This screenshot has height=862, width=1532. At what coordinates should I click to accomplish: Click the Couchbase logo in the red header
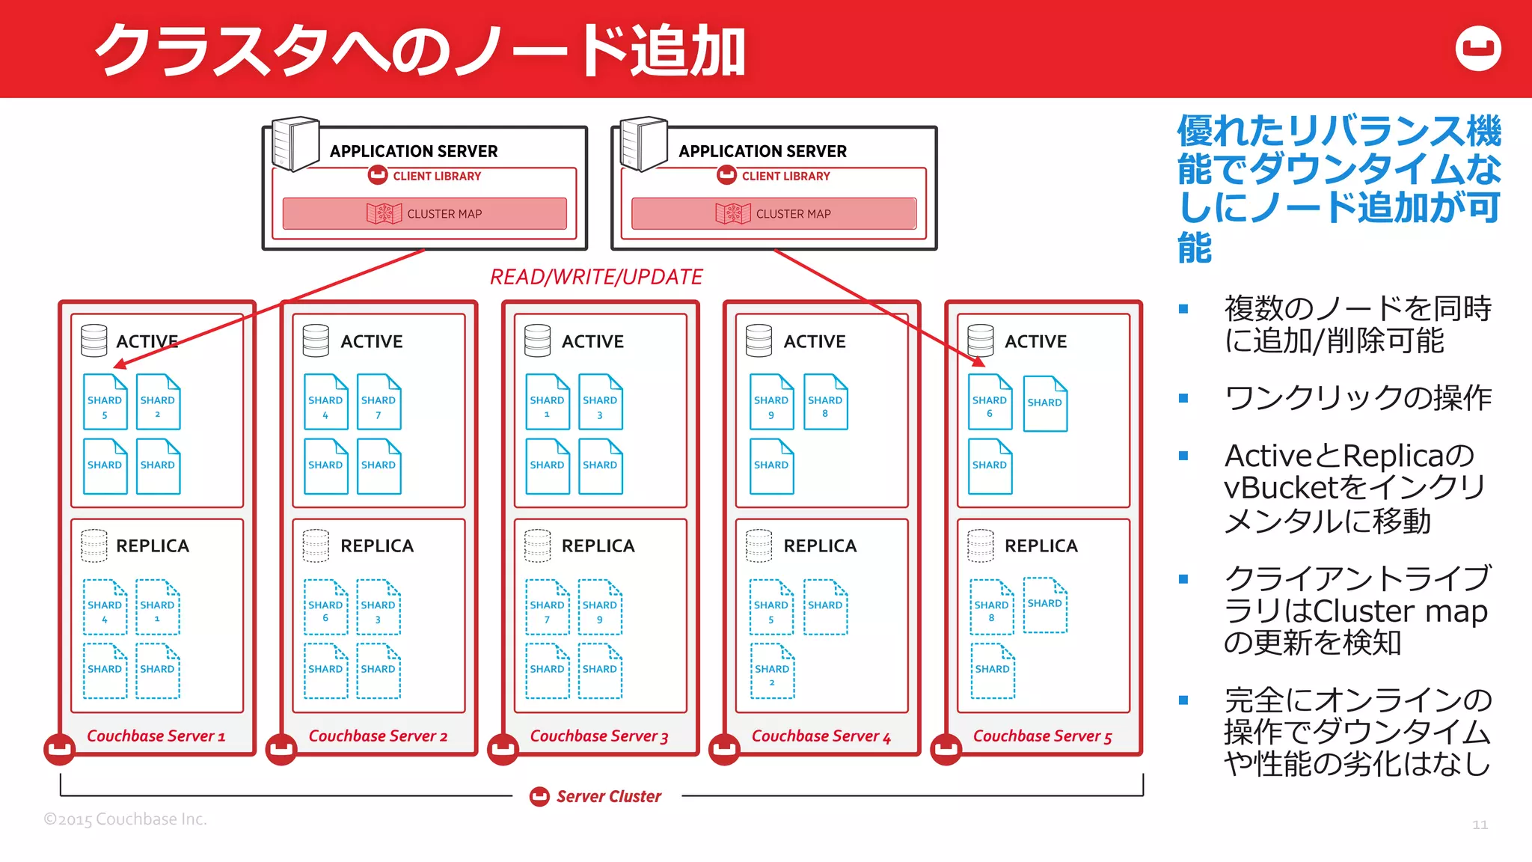[1478, 49]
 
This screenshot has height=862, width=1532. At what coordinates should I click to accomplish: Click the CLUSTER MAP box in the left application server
[424, 213]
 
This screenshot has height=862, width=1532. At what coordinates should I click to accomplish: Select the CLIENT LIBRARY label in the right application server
[785, 176]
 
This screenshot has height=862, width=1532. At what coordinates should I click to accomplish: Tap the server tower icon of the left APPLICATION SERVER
[295, 144]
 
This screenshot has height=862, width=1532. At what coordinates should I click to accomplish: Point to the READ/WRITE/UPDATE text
[595, 277]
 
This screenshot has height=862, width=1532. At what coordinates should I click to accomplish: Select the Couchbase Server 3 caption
[598, 736]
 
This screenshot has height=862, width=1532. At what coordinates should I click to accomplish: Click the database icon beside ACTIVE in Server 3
[537, 340]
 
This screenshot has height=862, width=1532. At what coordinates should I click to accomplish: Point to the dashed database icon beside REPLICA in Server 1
[94, 545]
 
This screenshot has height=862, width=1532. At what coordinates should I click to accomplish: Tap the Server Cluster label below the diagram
[608, 796]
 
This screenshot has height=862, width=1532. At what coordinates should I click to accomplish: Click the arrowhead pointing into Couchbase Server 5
[978, 362]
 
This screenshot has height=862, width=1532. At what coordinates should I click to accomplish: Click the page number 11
[1479, 824]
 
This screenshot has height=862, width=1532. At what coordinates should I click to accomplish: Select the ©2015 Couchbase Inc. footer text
[125, 819]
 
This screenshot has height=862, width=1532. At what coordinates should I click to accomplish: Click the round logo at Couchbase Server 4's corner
[724, 749]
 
